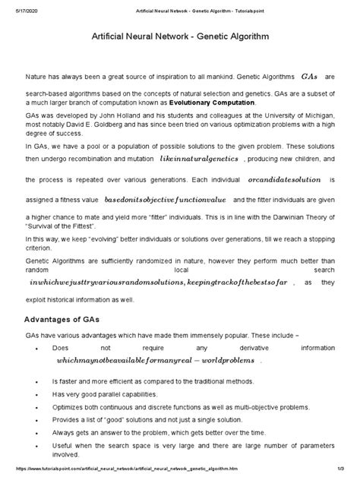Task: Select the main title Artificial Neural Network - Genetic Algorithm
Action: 179,36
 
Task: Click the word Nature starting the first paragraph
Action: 37,77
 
